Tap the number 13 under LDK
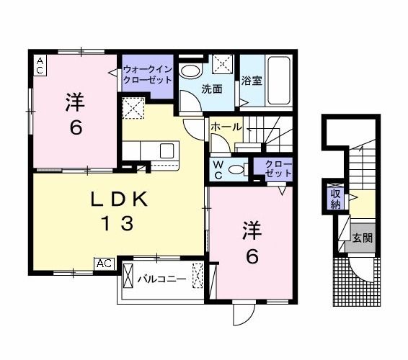[x=117, y=224]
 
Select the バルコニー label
[x=161, y=278]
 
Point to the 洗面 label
[x=210, y=89]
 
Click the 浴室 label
[x=252, y=81]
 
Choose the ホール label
[x=226, y=126]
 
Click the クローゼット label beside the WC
[x=274, y=168]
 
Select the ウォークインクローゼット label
[x=146, y=75]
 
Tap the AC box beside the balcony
[x=104, y=263]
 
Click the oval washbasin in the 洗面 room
[x=191, y=71]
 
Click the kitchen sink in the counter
[x=167, y=151]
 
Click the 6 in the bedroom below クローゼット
[x=250, y=256]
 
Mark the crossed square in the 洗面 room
[x=223, y=63]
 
